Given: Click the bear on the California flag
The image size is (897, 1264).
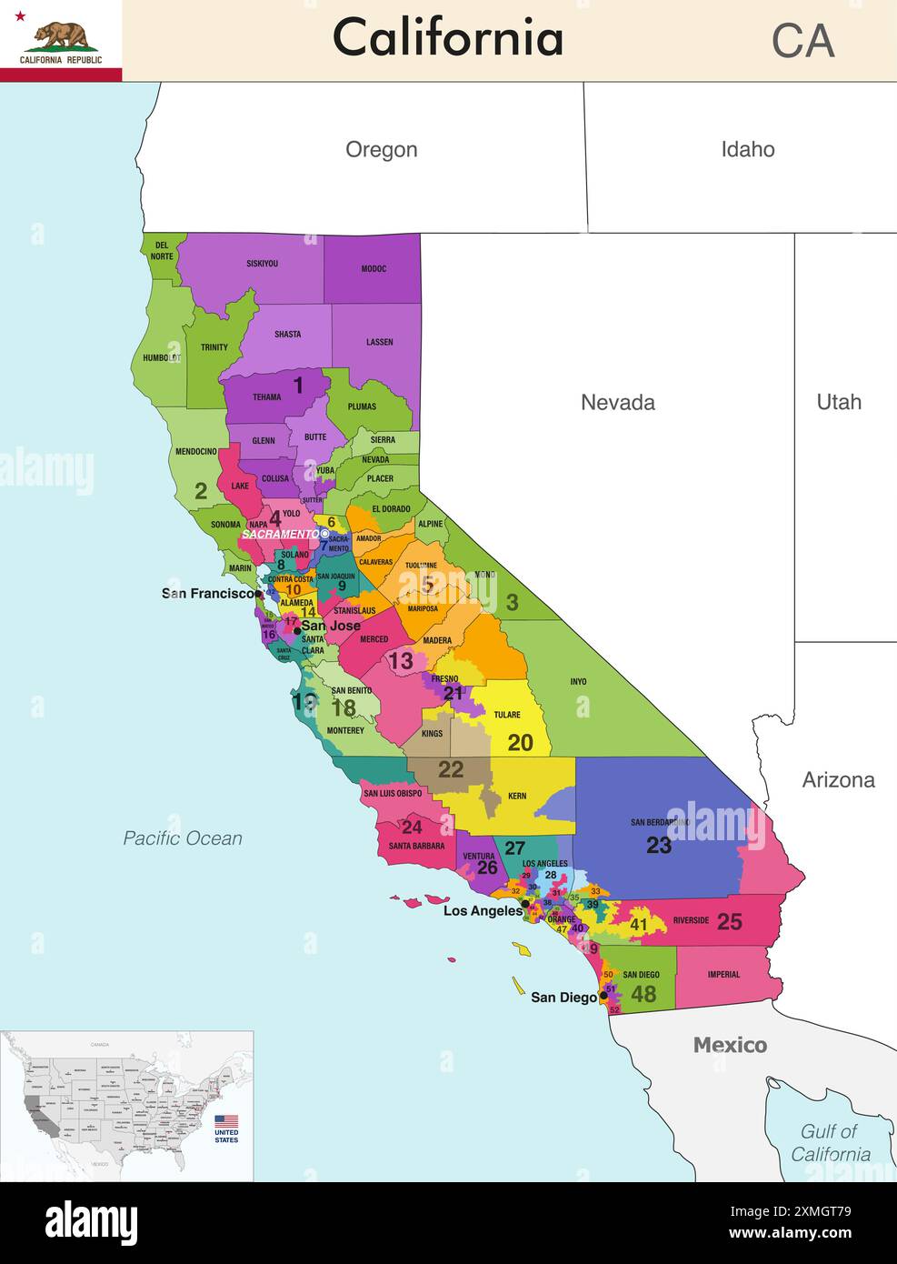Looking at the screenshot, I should point(60,35).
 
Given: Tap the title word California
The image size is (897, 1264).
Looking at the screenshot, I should point(447,38).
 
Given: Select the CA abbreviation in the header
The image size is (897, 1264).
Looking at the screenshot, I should point(802,41).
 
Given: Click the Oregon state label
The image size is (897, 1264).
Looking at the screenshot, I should point(381,150).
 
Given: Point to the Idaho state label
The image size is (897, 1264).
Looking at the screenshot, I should point(747,150).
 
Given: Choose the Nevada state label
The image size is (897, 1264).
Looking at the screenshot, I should point(617,403).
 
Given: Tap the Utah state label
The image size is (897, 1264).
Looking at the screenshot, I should point(838,402).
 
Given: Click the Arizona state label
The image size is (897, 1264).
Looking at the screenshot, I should point(838,779).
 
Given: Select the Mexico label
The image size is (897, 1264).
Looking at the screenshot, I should point(730,1045).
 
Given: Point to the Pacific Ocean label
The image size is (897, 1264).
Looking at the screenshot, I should point(183,838).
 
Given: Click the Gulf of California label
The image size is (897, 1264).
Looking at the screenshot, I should point(830,1143).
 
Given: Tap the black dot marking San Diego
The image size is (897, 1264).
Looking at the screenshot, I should point(603,996).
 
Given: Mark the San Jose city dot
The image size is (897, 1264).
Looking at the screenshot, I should point(296,630).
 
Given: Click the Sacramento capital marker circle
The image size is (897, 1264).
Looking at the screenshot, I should point(325,534).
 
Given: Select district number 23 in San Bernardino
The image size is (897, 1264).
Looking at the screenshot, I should point(659,846).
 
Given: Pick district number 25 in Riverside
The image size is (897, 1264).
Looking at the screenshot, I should point(729,921).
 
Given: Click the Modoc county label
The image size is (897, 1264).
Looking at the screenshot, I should point(374,269).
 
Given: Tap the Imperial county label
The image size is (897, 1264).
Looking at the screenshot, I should point(723,975).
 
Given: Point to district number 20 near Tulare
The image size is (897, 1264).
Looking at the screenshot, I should point(520,743).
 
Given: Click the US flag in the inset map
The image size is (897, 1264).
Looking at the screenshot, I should point(226,1121).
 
